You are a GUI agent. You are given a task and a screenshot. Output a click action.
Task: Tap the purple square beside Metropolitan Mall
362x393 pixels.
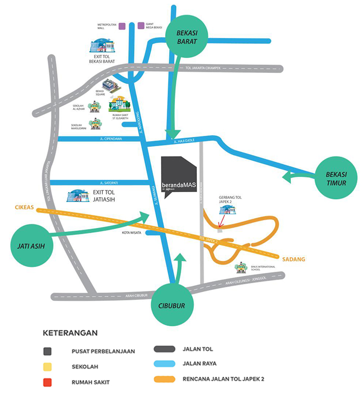tap(122, 26)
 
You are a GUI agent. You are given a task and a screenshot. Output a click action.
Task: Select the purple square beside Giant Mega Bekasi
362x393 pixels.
tap(141, 26)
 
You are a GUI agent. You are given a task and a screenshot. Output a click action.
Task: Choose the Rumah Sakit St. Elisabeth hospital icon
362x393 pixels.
tap(119, 104)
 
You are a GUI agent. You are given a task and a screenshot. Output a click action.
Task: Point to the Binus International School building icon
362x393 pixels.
tap(240, 269)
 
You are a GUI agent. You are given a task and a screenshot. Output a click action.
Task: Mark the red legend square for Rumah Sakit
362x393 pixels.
tap(47, 382)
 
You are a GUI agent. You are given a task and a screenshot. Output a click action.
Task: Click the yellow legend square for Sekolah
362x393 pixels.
tap(47, 366)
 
